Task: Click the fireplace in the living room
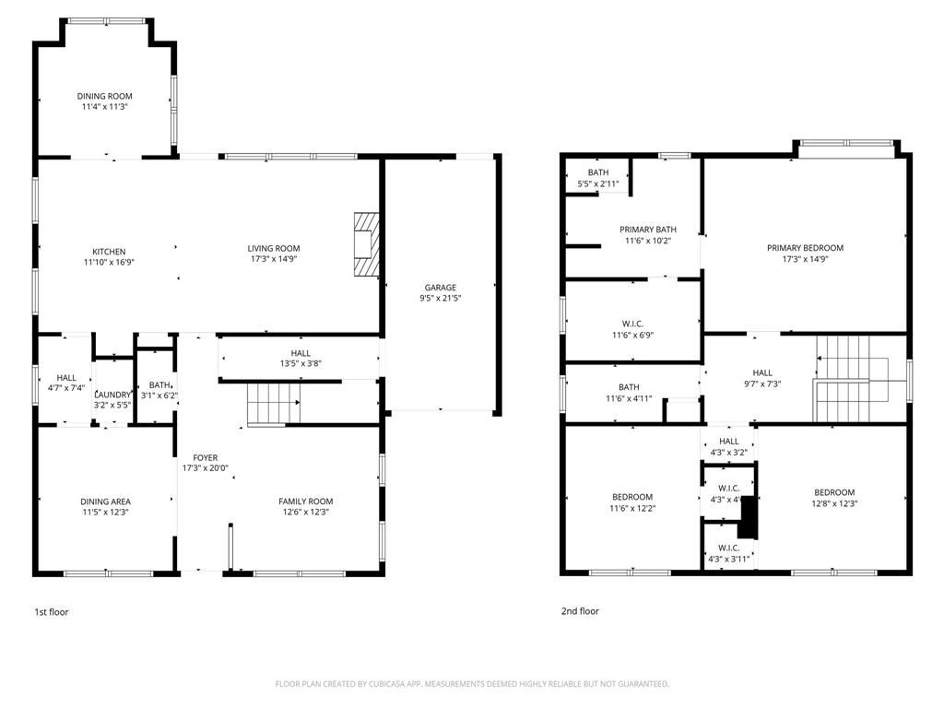click(x=367, y=245)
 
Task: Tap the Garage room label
click(x=440, y=288)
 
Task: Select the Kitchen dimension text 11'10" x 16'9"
click(x=109, y=262)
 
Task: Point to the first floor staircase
click(x=273, y=404)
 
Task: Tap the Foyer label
click(x=205, y=457)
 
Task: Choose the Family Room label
click(x=305, y=501)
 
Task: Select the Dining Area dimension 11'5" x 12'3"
click(x=105, y=513)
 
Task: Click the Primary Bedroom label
click(x=805, y=248)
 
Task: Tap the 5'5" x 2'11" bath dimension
click(x=598, y=184)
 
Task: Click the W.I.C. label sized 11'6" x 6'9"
click(x=632, y=323)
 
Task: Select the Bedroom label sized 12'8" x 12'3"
click(x=833, y=492)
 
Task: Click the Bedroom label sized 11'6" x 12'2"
click(x=631, y=497)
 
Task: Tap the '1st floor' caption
click(x=51, y=612)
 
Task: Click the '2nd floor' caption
click(x=580, y=611)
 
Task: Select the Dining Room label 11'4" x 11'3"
click(x=104, y=96)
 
